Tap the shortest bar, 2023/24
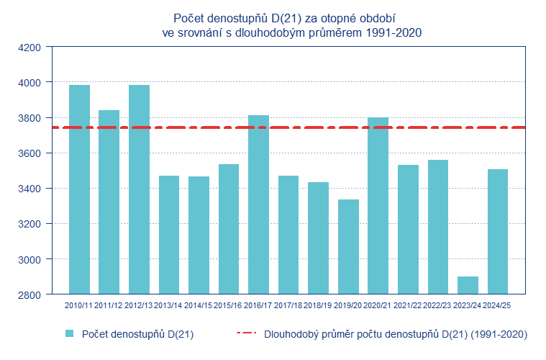pyautogui.click(x=468, y=285)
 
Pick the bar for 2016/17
pyautogui.click(x=258, y=204)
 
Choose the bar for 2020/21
pyautogui.click(x=378, y=205)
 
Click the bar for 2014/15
pyautogui.click(x=199, y=235)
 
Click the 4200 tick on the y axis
pyautogui.click(x=33, y=48)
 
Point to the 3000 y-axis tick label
pyautogui.click(x=33, y=259)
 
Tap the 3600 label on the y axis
pyautogui.click(x=33, y=153)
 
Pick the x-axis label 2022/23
pyautogui.click(x=437, y=305)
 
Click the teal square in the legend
pyautogui.click(x=70, y=333)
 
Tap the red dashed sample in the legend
pyautogui.click(x=247, y=333)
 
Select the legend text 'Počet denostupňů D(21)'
pyautogui.click(x=137, y=334)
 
